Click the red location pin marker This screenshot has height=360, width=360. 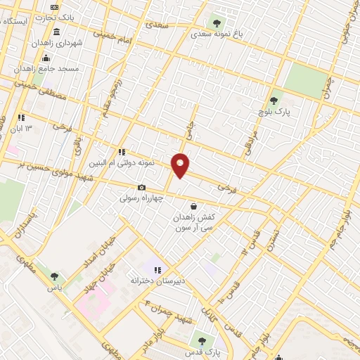[x=181, y=165]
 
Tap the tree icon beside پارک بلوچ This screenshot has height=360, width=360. [x=274, y=101]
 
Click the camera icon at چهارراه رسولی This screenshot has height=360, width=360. [x=141, y=188]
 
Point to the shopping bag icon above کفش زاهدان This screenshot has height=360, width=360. [x=193, y=207]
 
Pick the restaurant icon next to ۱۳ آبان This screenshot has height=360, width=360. [x=21, y=117]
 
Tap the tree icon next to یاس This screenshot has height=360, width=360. [x=54, y=276]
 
